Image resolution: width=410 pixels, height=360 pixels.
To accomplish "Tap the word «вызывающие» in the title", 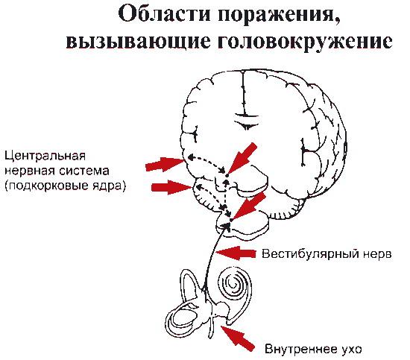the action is pyautogui.click(x=138, y=41).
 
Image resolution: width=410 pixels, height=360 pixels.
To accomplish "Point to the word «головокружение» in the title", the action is pyautogui.click(x=305, y=41).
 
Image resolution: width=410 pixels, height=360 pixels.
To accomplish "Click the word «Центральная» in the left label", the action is pyautogui.click(x=45, y=156).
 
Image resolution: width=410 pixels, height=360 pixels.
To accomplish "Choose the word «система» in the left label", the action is pyautogui.click(x=84, y=171).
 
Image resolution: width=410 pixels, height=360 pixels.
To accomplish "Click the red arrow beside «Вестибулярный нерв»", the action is pyautogui.click(x=236, y=253).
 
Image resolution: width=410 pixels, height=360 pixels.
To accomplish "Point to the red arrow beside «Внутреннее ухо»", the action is pyautogui.click(x=238, y=337).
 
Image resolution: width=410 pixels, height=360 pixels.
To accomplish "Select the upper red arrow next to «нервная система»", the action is pyautogui.click(x=165, y=164).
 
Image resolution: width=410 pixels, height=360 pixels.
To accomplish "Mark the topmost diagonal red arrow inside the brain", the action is pyautogui.click(x=242, y=159).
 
